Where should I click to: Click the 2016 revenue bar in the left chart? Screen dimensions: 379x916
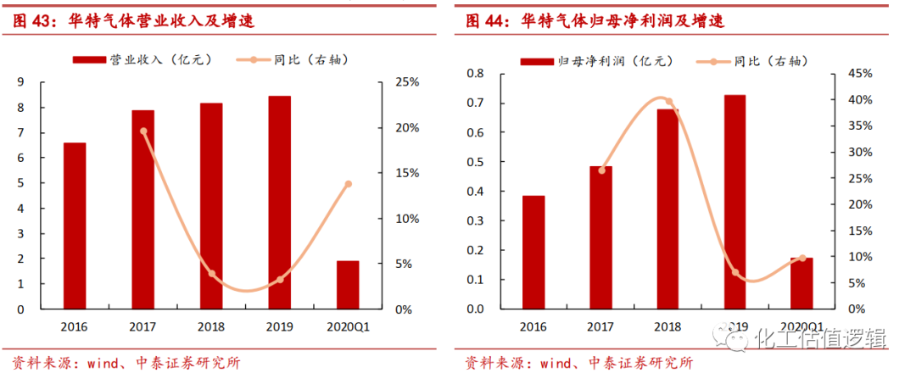tap(75, 226)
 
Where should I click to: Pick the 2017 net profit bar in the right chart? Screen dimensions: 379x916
tap(601, 237)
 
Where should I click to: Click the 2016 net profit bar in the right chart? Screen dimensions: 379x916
tap(533, 252)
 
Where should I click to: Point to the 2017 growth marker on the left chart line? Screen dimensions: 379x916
tap(143, 131)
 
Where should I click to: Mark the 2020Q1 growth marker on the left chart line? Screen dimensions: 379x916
tap(348, 184)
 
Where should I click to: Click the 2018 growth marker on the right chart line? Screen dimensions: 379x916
tap(669, 102)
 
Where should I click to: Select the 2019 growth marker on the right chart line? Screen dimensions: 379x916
tap(735, 272)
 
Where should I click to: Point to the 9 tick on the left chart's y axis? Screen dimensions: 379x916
tap(20, 82)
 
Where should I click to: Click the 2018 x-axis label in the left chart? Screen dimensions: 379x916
tap(211, 326)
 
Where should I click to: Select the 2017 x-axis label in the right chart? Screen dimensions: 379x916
tap(601, 326)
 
